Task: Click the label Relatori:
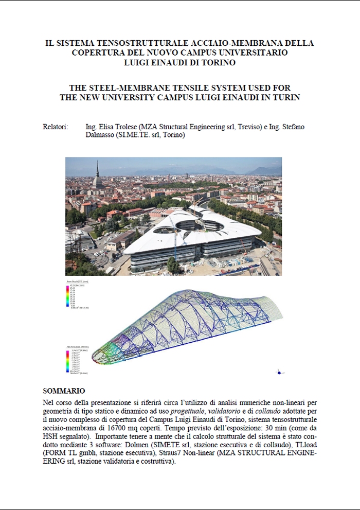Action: coord(55,127)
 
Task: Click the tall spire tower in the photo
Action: coord(97,175)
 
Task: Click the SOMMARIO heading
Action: coord(64,391)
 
